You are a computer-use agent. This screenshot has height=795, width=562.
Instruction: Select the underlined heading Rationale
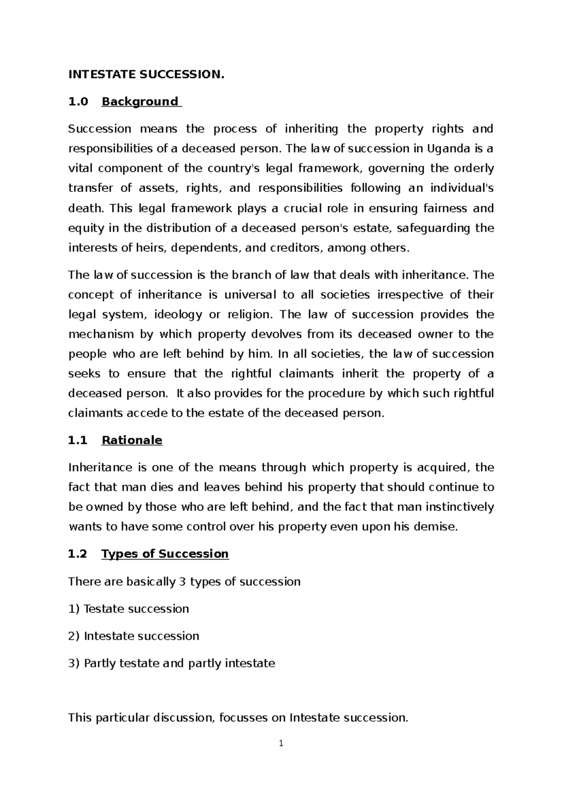[x=132, y=440]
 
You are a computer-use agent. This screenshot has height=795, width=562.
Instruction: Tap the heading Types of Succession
[x=165, y=554]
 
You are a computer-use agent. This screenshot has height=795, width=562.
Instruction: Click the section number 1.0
[x=78, y=102]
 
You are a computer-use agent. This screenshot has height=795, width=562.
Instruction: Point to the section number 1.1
[x=78, y=440]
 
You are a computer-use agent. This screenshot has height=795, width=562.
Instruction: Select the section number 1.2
[x=78, y=554]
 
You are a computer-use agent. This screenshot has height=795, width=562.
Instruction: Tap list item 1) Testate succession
[x=128, y=609]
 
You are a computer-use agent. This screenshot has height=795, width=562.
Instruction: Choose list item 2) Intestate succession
[x=133, y=636]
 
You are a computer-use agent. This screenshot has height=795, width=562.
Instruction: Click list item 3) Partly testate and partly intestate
[x=171, y=663]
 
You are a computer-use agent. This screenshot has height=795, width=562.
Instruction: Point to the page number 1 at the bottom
[x=281, y=743]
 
